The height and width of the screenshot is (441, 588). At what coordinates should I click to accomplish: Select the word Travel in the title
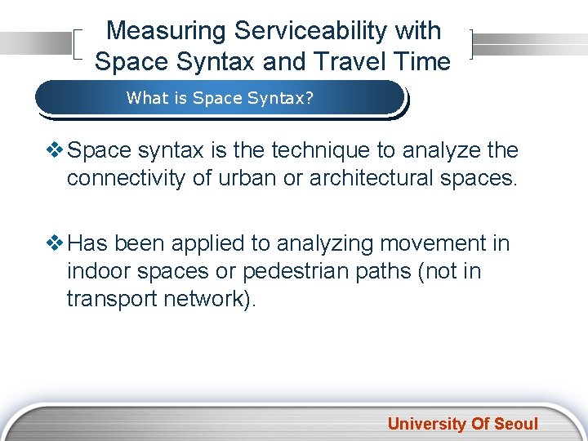pos(351,61)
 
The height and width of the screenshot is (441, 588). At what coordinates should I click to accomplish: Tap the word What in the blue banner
pos(145,99)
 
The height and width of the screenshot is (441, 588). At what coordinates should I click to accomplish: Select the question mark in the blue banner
pos(310,99)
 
